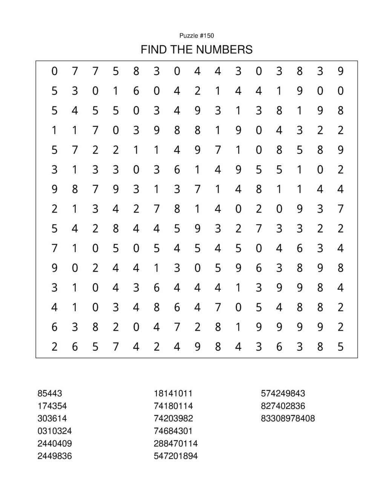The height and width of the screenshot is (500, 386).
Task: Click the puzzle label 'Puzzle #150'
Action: click(x=196, y=36)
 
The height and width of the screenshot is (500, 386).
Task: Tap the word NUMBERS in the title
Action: click(x=225, y=49)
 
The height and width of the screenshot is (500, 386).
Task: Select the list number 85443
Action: click(x=49, y=393)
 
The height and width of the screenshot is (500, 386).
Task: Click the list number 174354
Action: click(x=52, y=406)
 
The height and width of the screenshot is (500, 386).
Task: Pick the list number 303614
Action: click(x=52, y=418)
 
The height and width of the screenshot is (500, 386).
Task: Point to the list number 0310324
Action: click(x=54, y=431)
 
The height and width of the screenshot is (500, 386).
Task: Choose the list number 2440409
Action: click(x=54, y=443)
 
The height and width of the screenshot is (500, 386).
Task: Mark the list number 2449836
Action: click(x=54, y=456)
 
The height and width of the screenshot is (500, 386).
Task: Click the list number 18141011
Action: click(x=173, y=393)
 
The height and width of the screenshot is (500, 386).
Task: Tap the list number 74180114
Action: click(x=173, y=406)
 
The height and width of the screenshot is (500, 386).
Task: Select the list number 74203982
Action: click(x=173, y=418)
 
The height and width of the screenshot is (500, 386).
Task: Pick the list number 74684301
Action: click(x=173, y=431)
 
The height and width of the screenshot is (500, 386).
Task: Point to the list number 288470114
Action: click(x=176, y=443)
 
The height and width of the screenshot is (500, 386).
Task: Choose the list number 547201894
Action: click(x=176, y=456)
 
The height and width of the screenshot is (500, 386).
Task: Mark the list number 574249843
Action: click(x=283, y=393)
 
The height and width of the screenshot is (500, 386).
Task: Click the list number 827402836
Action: click(x=283, y=406)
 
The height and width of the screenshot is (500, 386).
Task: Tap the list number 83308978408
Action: click(x=288, y=418)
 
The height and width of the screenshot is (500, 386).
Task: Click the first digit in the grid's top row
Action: click(x=55, y=71)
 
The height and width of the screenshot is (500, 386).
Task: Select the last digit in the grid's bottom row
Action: click(x=340, y=346)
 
